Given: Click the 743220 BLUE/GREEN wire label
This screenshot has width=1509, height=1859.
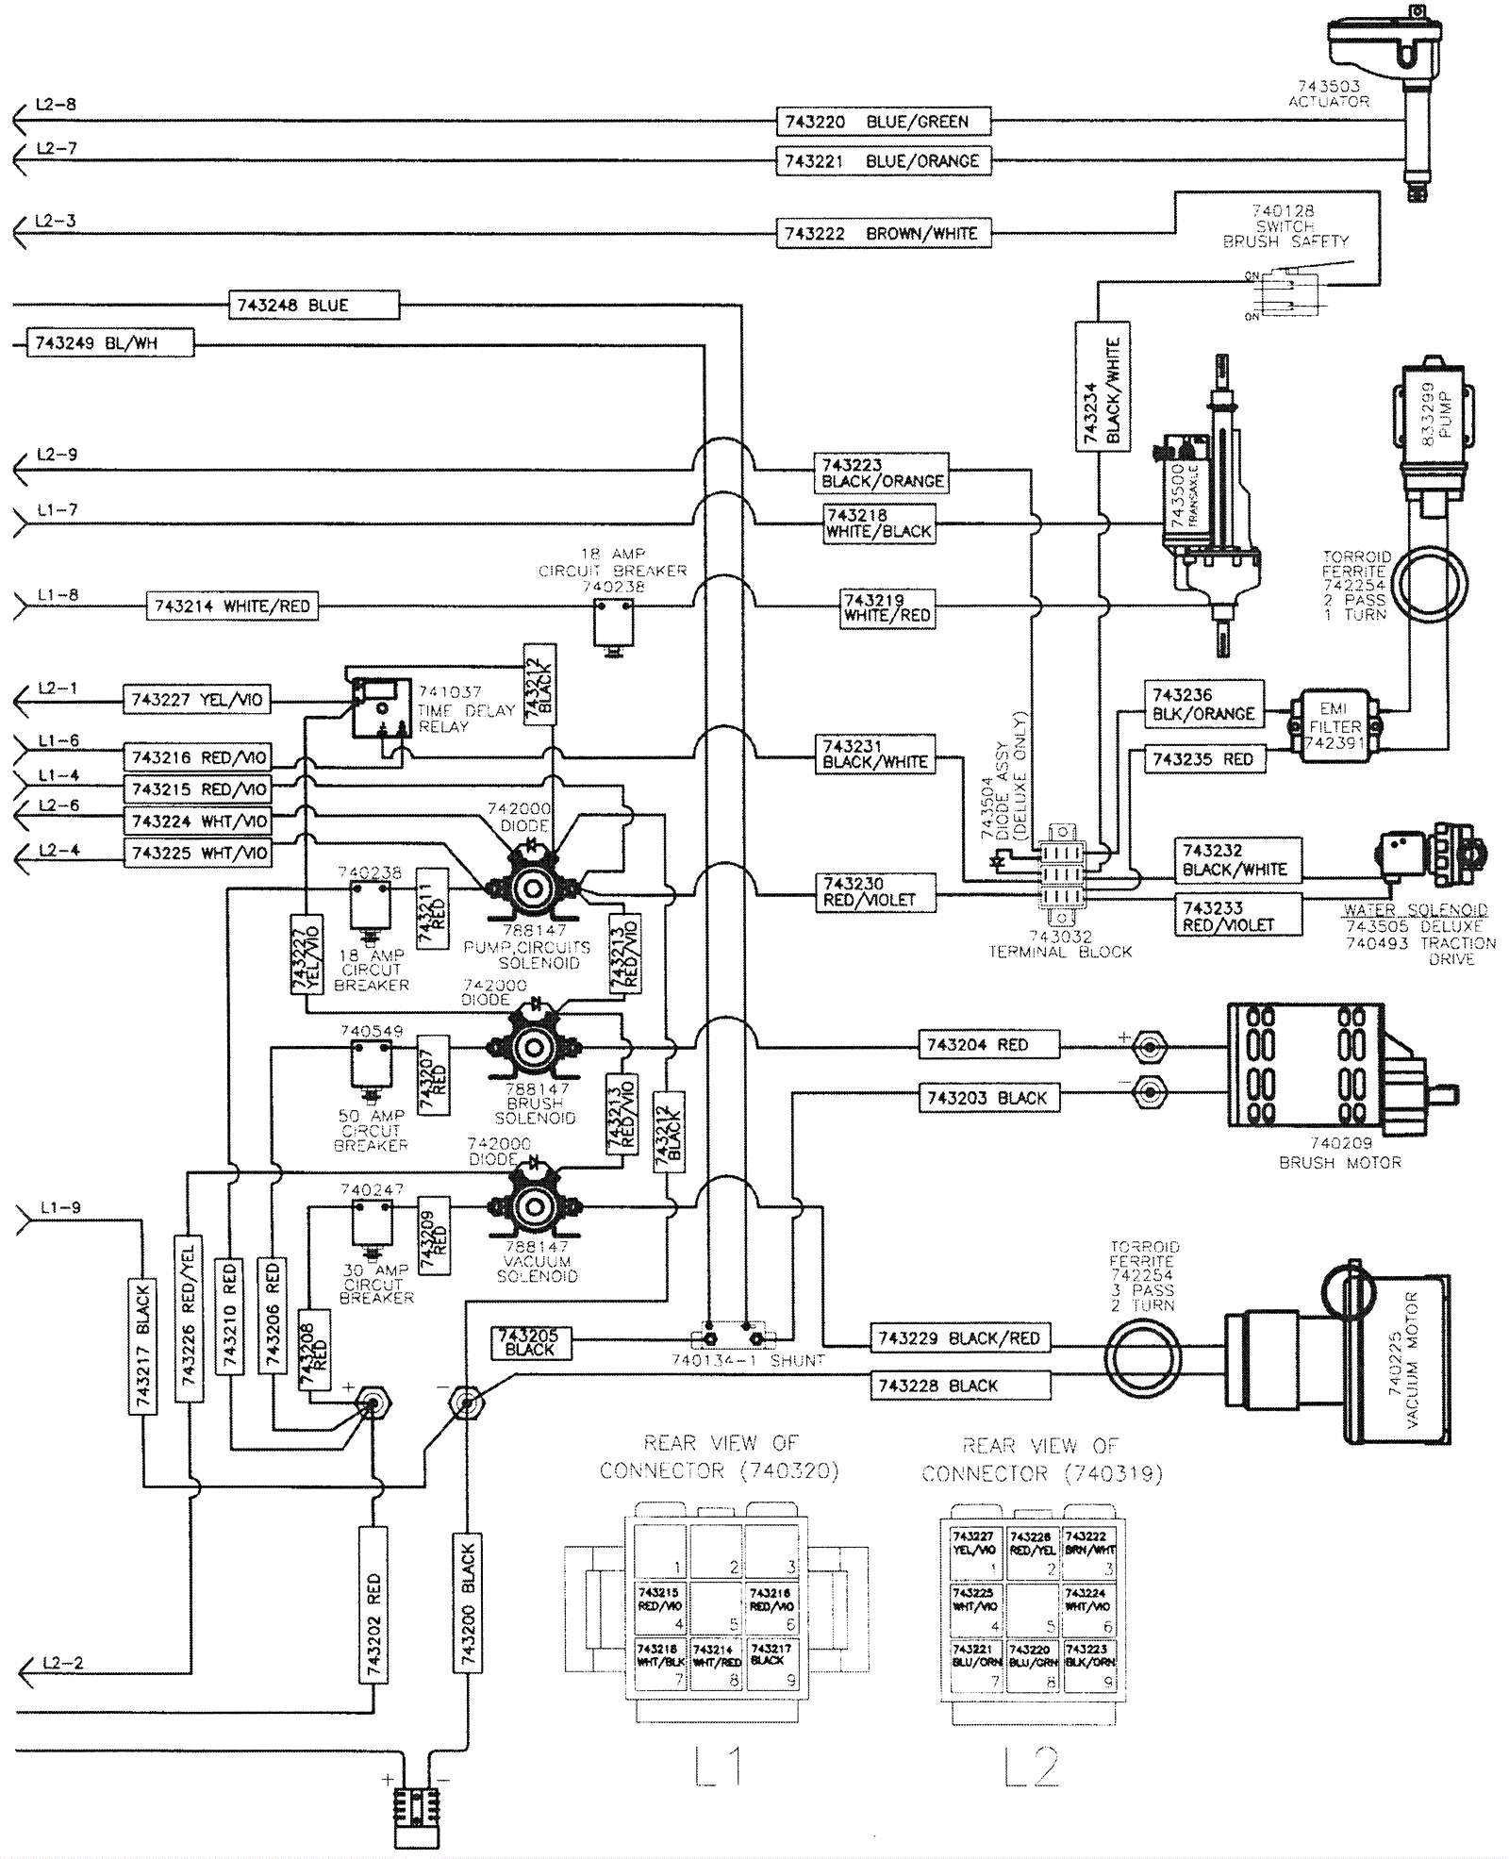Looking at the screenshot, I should click(x=883, y=122).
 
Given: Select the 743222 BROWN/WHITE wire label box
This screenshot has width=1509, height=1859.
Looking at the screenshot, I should click(x=883, y=233).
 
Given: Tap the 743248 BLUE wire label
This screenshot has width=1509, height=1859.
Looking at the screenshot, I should click(x=314, y=306).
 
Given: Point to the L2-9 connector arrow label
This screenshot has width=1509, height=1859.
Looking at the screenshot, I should click(x=57, y=455).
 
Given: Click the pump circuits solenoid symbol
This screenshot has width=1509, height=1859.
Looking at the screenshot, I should click(x=533, y=888).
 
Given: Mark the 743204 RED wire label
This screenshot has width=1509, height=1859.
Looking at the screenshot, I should click(x=988, y=1045).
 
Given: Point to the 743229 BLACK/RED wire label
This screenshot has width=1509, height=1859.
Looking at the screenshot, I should click(x=959, y=1338).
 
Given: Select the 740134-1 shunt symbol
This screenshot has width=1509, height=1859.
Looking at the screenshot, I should click(x=733, y=1338).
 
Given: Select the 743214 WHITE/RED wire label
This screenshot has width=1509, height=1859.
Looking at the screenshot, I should click(x=232, y=606).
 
